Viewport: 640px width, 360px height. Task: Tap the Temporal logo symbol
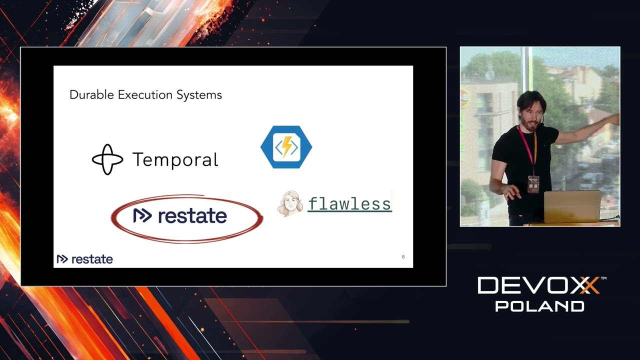tap(107, 159)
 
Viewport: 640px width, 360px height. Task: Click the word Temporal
tap(175, 160)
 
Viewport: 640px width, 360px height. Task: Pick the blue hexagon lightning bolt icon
tap(286, 147)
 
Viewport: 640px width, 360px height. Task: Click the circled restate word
tap(192, 216)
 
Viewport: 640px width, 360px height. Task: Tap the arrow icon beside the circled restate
tap(142, 215)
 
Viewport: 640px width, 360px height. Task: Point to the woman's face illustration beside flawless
tap(290, 203)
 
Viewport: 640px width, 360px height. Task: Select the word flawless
tap(349, 204)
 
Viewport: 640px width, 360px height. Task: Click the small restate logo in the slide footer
tap(84, 259)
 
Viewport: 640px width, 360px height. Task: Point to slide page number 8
tap(403, 257)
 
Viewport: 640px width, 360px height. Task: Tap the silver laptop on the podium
tap(572, 206)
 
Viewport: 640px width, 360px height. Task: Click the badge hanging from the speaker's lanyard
tap(533, 184)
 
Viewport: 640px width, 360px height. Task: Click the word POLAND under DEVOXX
tap(539, 306)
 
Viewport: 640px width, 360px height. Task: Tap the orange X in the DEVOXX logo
tap(589, 286)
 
